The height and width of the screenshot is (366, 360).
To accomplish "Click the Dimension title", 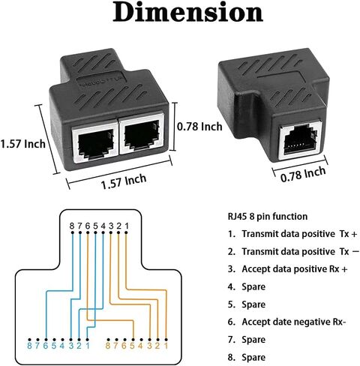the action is click(x=187, y=12).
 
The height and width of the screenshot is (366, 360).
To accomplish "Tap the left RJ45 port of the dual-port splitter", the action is click(x=95, y=142).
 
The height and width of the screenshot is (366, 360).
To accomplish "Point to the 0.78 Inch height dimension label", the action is click(x=199, y=127).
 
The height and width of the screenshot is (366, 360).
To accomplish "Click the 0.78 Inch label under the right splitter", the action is click(x=303, y=174).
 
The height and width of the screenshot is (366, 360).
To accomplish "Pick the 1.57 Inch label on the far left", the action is click(x=22, y=144).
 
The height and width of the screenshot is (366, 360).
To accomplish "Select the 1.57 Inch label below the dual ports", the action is click(x=124, y=181).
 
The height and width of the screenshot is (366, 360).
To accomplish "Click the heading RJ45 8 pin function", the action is click(x=268, y=216).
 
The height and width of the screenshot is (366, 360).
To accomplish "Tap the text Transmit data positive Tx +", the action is click(x=299, y=234).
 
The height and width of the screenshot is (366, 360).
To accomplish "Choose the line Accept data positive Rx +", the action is click(x=295, y=269).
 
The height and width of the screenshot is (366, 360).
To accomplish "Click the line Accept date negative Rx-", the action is click(x=294, y=322).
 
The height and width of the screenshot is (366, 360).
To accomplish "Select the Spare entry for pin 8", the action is click(x=253, y=357).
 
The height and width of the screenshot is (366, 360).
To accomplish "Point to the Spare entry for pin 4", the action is click(x=253, y=286).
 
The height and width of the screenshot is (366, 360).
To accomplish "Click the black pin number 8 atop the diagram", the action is click(x=72, y=226).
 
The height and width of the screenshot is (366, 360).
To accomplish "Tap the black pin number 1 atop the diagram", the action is click(x=127, y=226).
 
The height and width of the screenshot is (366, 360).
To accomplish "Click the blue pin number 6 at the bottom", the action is click(x=46, y=346).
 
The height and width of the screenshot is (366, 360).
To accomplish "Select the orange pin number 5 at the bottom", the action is click(x=133, y=346).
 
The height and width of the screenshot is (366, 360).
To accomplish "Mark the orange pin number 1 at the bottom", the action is click(x=166, y=346).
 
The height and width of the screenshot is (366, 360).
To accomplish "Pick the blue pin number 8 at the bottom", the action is click(x=29, y=346).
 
